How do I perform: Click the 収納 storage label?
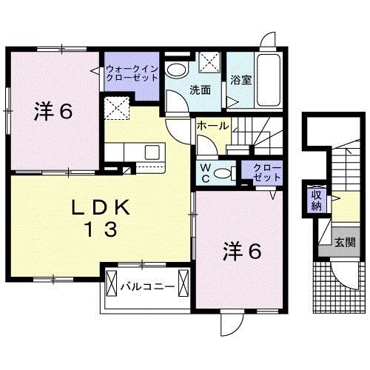[x=316, y=200]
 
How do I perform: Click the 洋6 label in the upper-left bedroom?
[x=52, y=112]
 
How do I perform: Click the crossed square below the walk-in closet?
[x=116, y=107]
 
